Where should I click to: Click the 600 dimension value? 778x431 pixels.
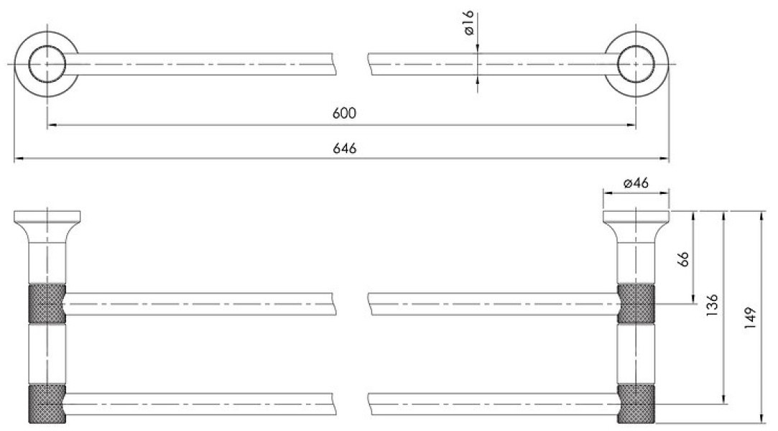[344, 113]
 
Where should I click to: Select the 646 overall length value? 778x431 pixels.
[344, 148]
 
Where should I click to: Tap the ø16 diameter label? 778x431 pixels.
[469, 23]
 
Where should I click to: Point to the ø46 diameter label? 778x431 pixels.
[636, 183]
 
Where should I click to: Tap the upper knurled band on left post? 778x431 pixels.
[47, 304]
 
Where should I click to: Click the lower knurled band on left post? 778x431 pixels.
[47, 404]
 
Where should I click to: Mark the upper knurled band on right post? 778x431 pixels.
[636, 304]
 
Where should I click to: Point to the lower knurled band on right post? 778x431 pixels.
[636, 404]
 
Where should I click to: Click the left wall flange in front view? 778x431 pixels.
[47, 216]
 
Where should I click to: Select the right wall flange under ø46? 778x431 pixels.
[636, 216]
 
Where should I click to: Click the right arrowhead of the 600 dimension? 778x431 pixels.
[631, 124]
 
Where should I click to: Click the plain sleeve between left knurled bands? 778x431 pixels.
[47, 353]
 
